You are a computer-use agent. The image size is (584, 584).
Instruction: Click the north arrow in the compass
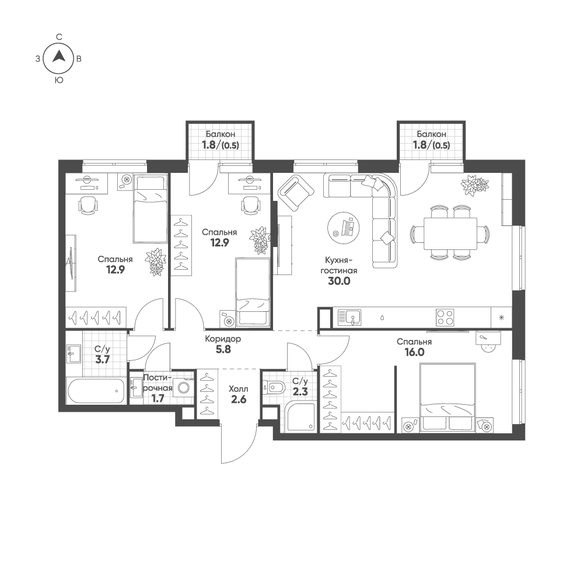click(x=58, y=56)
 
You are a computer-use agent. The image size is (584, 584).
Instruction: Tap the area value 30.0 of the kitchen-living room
click(x=339, y=281)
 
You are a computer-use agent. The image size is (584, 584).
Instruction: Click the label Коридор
click(x=223, y=339)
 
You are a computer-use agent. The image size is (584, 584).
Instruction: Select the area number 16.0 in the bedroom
click(x=414, y=352)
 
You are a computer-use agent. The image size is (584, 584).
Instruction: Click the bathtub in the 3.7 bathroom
click(x=96, y=391)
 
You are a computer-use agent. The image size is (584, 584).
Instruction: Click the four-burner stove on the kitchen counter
click(x=445, y=318)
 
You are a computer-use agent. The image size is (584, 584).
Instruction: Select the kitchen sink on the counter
click(x=349, y=318)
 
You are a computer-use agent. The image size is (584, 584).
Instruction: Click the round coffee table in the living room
click(x=344, y=228)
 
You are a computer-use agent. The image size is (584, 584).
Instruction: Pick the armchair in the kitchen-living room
click(x=296, y=193)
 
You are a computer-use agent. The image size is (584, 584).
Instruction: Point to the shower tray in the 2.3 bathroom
click(x=300, y=416)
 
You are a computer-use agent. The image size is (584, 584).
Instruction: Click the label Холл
click(x=239, y=389)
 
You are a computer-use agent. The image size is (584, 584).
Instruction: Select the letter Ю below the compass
click(x=59, y=80)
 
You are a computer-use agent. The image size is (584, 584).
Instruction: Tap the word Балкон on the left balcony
click(x=221, y=134)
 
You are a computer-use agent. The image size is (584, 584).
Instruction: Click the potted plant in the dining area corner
click(x=474, y=184)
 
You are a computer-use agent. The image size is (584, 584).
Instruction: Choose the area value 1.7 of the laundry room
click(x=158, y=399)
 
